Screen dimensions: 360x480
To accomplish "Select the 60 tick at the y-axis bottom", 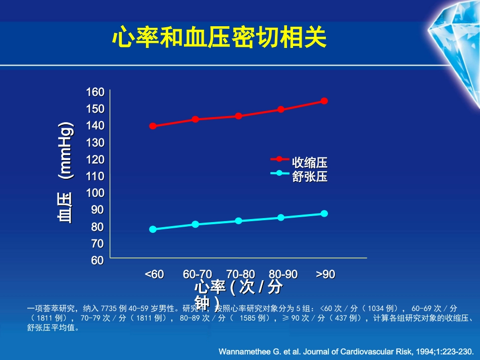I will [97, 261].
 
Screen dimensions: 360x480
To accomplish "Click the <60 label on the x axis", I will [154, 274].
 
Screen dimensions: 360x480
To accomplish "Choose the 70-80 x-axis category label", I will [241, 274].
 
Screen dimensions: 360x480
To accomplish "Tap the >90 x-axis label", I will [326, 274].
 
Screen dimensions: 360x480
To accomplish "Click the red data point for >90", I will [324, 101].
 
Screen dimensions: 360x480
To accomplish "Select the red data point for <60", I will [153, 126].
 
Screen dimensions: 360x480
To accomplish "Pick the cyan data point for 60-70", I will [196, 224].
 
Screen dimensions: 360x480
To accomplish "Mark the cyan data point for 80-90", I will [281, 218].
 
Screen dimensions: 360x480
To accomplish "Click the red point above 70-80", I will [238, 116].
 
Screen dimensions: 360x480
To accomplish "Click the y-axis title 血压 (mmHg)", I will [65, 172].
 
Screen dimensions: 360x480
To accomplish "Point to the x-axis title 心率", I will [209, 288].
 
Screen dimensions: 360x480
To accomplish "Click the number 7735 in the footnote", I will [109, 308].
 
